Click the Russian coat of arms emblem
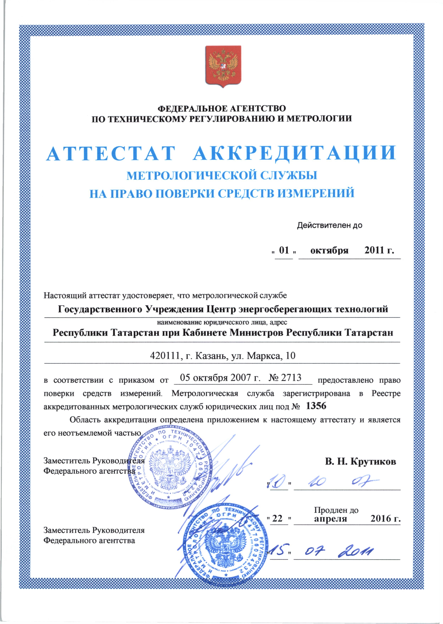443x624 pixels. coord(223,66)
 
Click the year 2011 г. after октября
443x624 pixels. coord(379,250)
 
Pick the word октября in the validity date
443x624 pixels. coord(330,250)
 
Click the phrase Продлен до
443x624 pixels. coord(336,510)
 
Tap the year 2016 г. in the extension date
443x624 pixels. coord(385,518)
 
